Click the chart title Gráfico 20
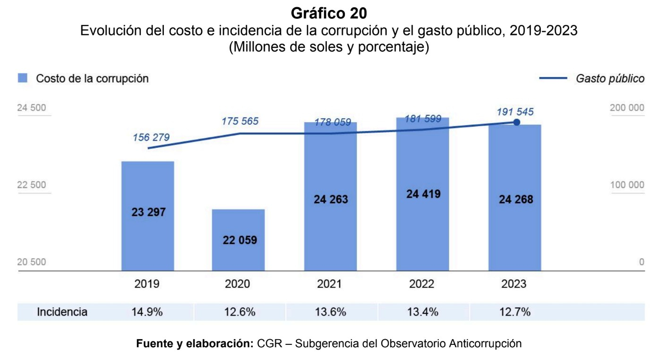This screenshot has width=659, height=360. [329, 12]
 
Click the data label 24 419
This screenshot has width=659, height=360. [423, 194]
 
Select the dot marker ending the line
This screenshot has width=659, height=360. [516, 122]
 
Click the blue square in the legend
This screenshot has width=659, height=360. [23, 78]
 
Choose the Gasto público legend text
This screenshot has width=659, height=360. [609, 79]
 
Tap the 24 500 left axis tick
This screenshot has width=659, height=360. [32, 108]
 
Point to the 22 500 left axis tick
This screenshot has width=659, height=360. [32, 185]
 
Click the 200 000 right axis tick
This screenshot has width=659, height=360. [627, 108]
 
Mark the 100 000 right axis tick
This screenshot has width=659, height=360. [627, 185]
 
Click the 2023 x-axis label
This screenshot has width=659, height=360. [514, 284]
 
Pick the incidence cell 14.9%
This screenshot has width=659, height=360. [148, 312]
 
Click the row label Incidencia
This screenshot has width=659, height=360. [62, 312]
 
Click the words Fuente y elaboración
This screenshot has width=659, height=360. [195, 343]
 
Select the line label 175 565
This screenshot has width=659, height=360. [240, 121]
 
